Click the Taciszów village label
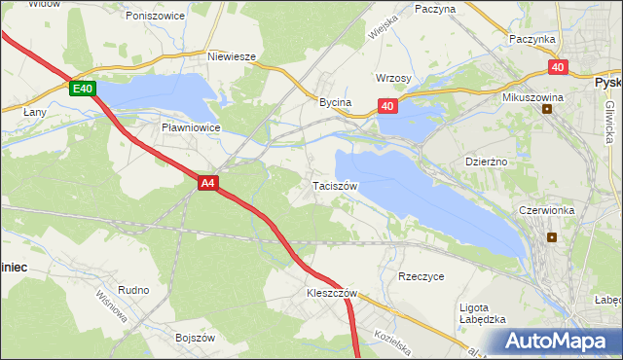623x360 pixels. click(x=336, y=185)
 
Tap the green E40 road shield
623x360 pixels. click(x=83, y=89)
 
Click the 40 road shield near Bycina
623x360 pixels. click(x=387, y=106)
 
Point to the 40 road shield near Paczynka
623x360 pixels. click(x=557, y=67)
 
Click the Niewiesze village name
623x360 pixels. click(x=232, y=56)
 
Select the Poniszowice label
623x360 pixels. click(x=154, y=16)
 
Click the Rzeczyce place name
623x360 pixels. click(x=421, y=276)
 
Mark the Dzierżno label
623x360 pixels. click(x=488, y=162)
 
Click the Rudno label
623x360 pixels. click(x=132, y=289)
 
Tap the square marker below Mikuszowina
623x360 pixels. click(x=547, y=109)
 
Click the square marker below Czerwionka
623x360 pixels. click(x=552, y=236)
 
